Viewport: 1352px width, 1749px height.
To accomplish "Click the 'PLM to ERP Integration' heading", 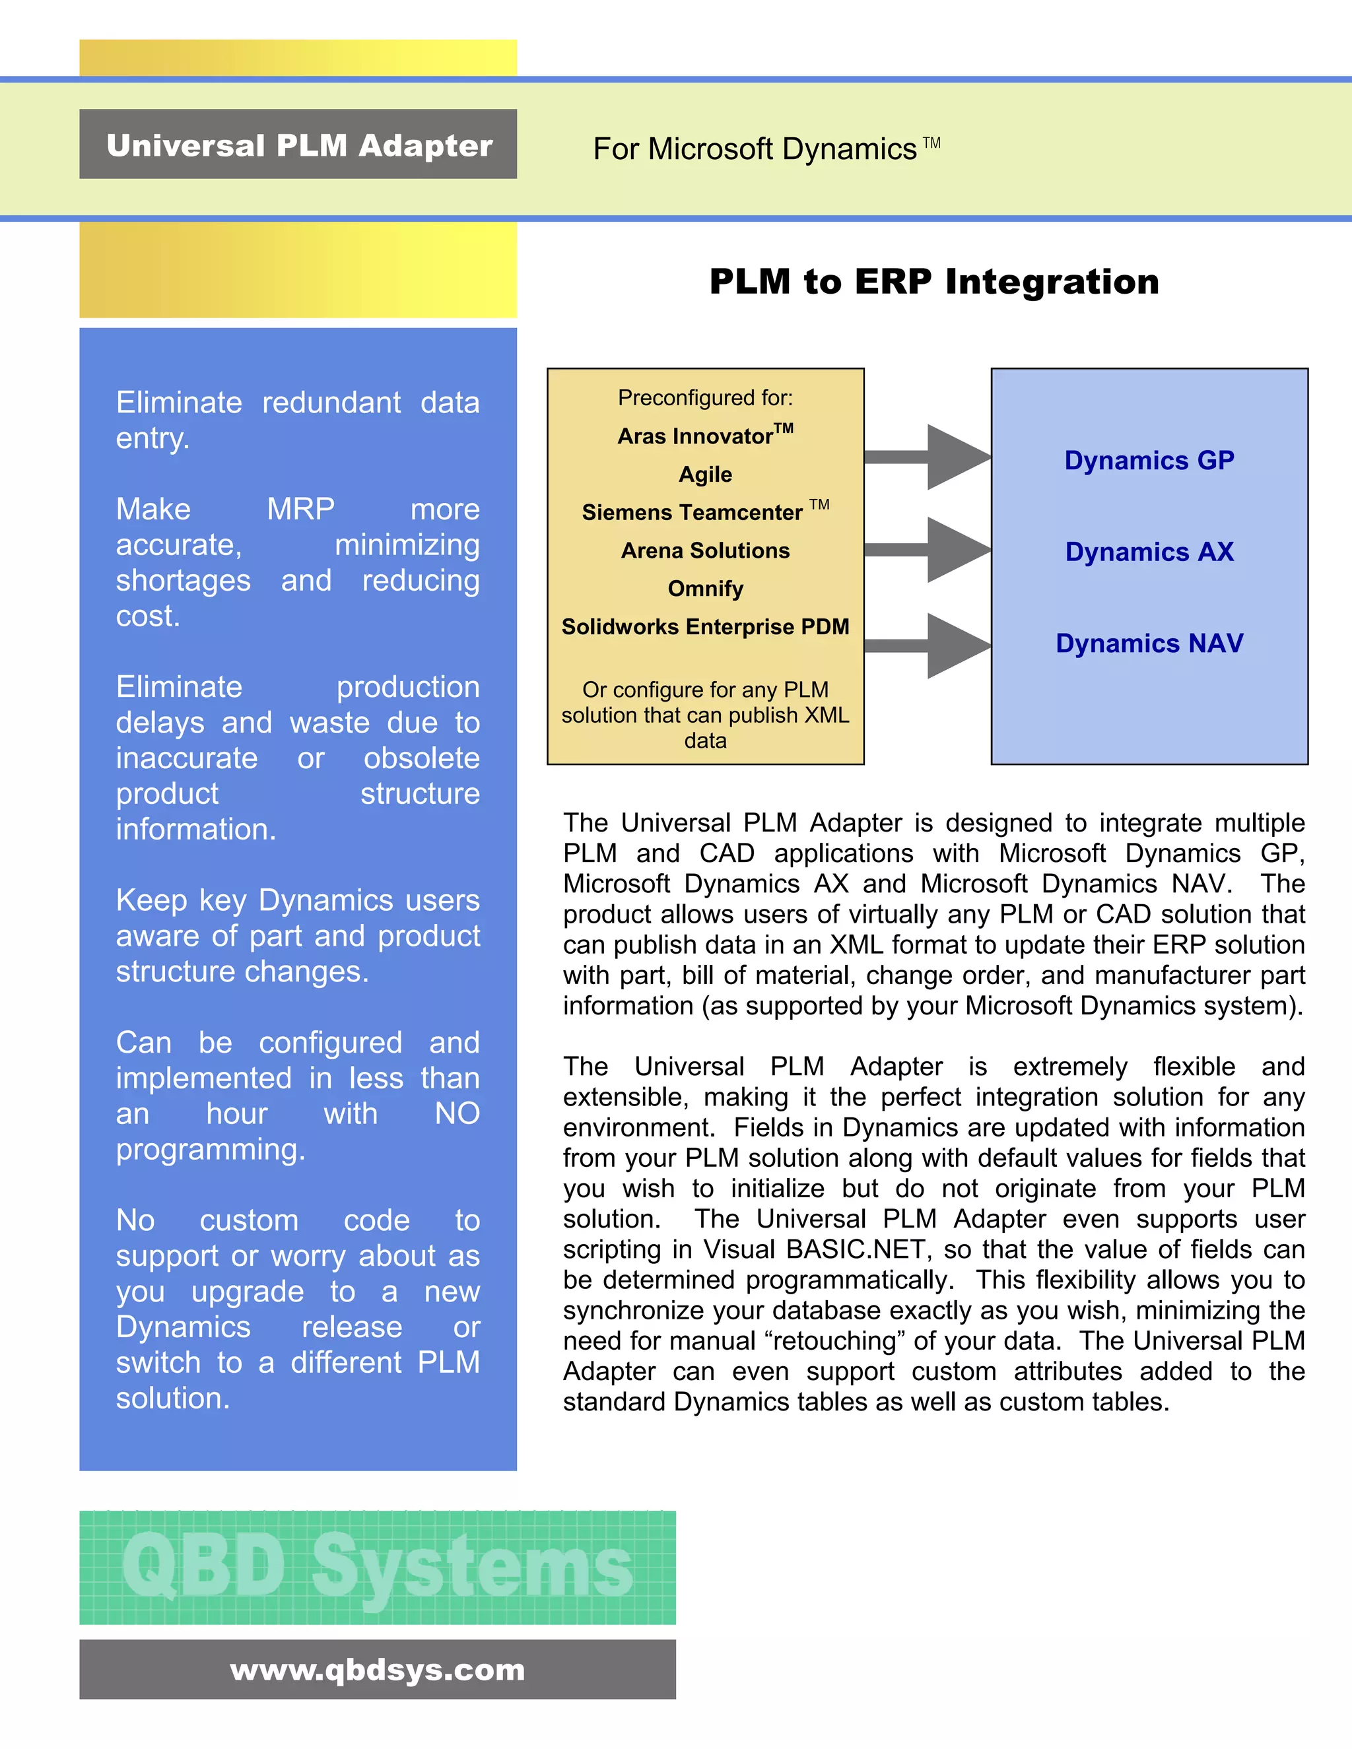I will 934,281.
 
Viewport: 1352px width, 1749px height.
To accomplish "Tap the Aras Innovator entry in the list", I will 705,435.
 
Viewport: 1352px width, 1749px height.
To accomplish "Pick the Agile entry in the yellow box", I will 705,474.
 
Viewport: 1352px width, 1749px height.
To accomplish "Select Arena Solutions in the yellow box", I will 705,550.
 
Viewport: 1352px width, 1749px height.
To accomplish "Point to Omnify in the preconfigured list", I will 705,589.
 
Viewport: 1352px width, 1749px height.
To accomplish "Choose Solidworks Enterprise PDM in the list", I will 705,626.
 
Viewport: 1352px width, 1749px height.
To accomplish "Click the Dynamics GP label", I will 1149,461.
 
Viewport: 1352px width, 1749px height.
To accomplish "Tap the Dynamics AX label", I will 1149,552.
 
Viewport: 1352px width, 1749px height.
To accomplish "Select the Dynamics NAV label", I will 1149,643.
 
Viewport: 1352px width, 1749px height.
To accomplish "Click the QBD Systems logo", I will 377,1567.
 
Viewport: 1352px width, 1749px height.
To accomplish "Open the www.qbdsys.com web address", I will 377,1670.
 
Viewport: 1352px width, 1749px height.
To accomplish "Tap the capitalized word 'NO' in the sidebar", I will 457,1114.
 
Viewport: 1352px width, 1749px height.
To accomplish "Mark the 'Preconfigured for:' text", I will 705,398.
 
